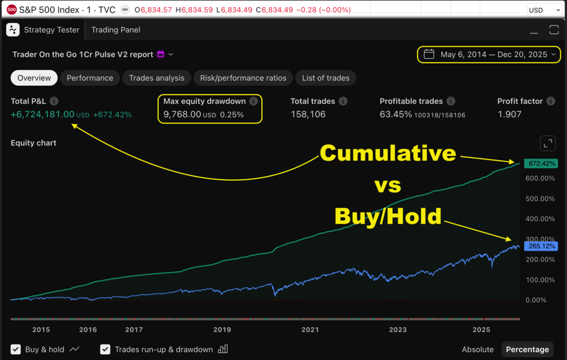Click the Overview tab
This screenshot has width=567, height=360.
coord(34,78)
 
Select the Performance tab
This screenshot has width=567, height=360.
coord(90,78)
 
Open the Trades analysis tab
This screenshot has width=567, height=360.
coord(156,78)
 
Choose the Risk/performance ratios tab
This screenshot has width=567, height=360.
coord(243,78)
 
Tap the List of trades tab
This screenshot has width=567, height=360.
coord(326,78)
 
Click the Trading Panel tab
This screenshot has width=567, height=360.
coord(116,30)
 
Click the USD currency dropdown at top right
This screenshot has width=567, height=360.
coord(543,10)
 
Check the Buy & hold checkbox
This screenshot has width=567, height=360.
coord(16,349)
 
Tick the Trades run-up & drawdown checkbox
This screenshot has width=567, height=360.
coord(105,349)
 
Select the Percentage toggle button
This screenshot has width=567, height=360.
coord(527,349)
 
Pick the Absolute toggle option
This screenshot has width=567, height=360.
coord(477,349)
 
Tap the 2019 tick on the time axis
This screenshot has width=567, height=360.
coord(222,330)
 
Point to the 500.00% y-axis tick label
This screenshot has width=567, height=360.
coord(540,199)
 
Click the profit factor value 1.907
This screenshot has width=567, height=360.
coord(509,114)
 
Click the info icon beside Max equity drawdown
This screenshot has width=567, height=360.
coord(253,102)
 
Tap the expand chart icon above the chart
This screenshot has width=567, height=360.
coord(547,143)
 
